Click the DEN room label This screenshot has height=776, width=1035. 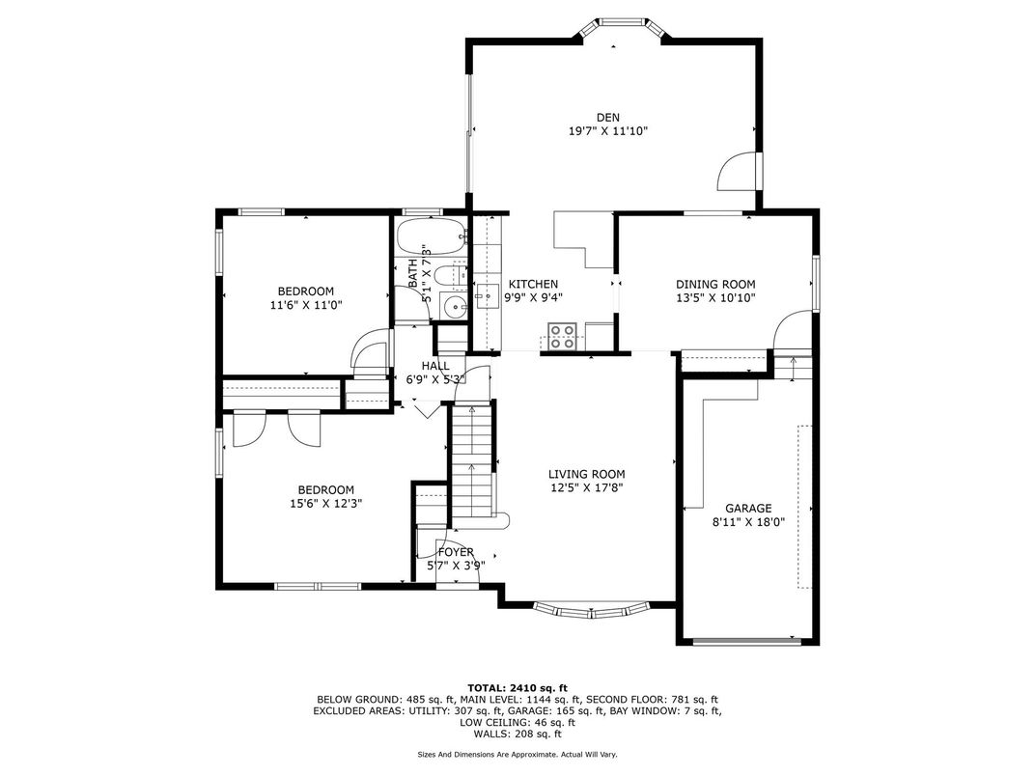tap(608, 118)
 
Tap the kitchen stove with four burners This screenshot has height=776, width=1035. tap(562, 336)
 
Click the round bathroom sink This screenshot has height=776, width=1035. tap(454, 307)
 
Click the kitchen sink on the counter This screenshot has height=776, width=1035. tap(488, 297)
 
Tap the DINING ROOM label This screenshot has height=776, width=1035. tap(715, 285)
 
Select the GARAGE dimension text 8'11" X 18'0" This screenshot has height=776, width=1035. tap(748, 521)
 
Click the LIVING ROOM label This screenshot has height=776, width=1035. tap(587, 474)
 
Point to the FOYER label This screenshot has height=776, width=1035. tap(456, 552)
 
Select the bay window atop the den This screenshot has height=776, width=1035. tap(622, 28)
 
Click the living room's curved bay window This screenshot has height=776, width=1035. tap(592, 610)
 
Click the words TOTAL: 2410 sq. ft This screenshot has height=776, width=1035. tap(517, 687)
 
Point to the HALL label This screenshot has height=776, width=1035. tap(435, 366)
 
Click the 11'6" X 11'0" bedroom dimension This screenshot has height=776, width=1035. tap(306, 304)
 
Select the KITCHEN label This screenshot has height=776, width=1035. tap(533, 284)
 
